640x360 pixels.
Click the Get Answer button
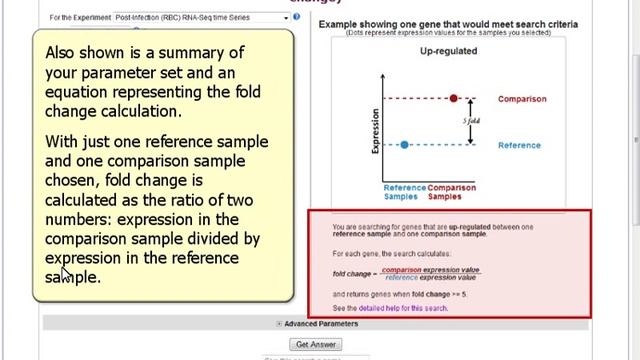click(316, 344)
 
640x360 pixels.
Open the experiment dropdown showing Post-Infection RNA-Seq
click(200, 17)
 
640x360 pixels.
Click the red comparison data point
click(454, 98)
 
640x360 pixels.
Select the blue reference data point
click(404, 145)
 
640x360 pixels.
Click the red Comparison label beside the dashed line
click(522, 99)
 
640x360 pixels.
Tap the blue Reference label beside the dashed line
click(519, 146)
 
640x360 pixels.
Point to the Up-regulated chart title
click(447, 50)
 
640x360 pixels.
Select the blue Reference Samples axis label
click(404, 192)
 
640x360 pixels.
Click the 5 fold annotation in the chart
click(470, 121)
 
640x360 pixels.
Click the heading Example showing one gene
click(447, 24)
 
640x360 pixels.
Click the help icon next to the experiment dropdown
click(297, 17)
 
